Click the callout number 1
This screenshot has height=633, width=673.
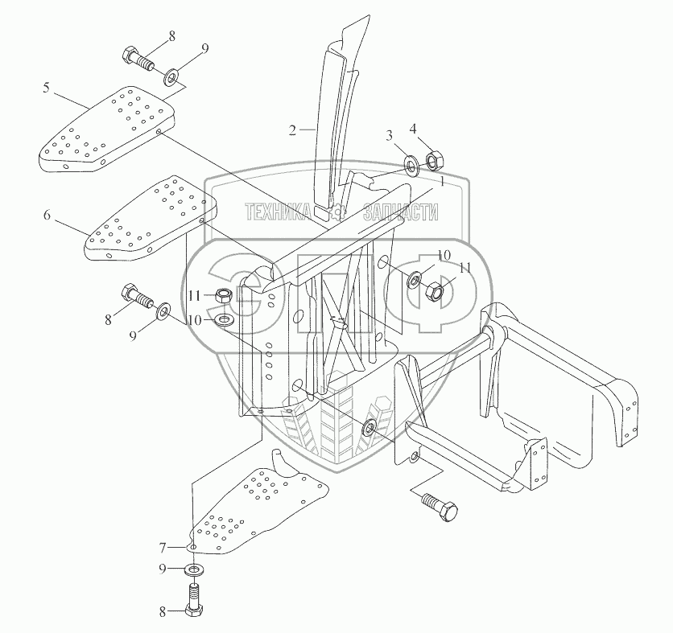pos(440,182)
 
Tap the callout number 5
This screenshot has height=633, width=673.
pos(47,86)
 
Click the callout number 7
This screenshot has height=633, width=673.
pos(163,548)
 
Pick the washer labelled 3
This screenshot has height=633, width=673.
pos(411,166)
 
